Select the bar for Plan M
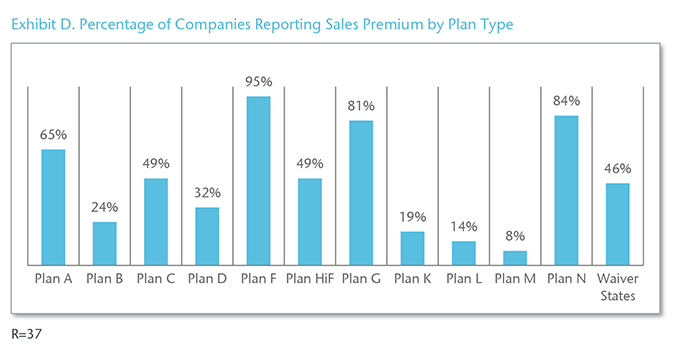click(x=515, y=257)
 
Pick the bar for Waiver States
click(x=617, y=223)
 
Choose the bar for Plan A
click(x=53, y=206)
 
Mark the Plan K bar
click(x=412, y=247)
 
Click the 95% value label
click(x=258, y=81)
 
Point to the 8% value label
click(x=515, y=236)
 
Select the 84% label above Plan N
click(x=566, y=100)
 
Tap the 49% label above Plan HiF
click(x=310, y=163)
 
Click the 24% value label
click(x=105, y=207)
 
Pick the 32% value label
click(x=207, y=192)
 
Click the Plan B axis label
click(x=105, y=279)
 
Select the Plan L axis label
click(x=463, y=279)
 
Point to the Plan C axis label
click(x=156, y=279)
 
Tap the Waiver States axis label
click(x=617, y=287)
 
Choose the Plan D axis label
click(x=207, y=279)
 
